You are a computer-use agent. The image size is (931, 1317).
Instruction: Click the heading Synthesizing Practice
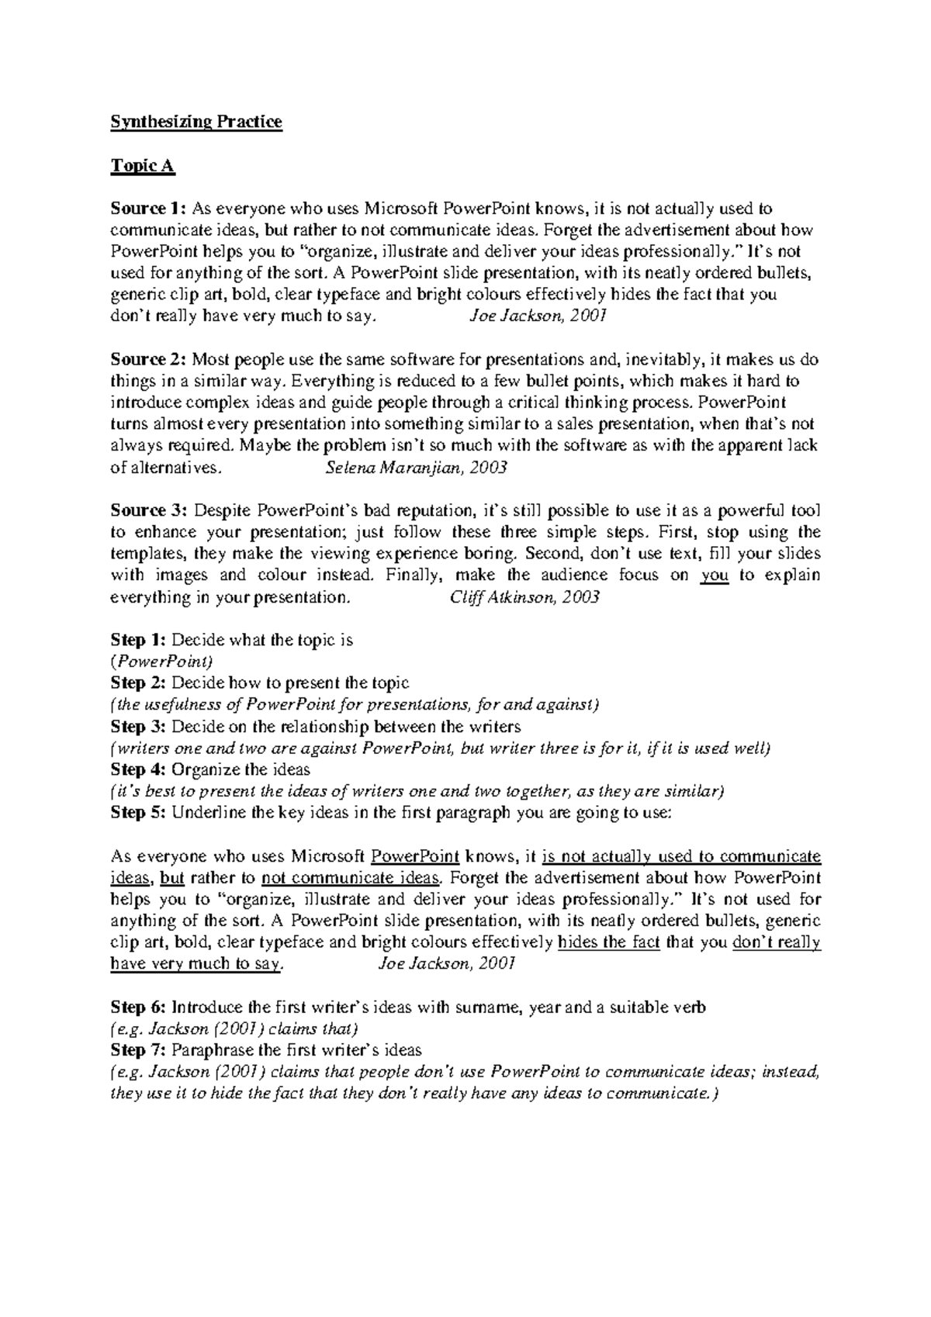point(196,122)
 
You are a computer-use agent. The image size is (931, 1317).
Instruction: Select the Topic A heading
point(143,165)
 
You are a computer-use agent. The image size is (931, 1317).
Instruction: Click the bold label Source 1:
point(148,209)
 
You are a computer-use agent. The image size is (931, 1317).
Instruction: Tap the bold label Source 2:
point(148,360)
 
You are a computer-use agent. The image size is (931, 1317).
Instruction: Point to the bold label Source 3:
point(148,511)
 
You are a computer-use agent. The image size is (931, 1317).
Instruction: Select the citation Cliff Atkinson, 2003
point(524,597)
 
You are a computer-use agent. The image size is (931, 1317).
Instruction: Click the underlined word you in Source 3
point(715,576)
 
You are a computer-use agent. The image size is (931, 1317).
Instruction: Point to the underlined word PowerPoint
point(417,857)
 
